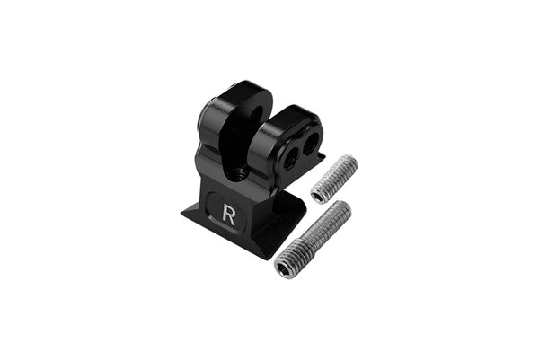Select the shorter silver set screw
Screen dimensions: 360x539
pyautogui.click(x=334, y=179)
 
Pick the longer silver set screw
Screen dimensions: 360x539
pyautogui.click(x=313, y=240)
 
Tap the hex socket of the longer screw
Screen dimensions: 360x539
pyautogui.click(x=286, y=266)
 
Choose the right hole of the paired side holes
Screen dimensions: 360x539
pyautogui.click(x=312, y=142)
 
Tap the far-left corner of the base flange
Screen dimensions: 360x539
pyautogui.click(x=183, y=213)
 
